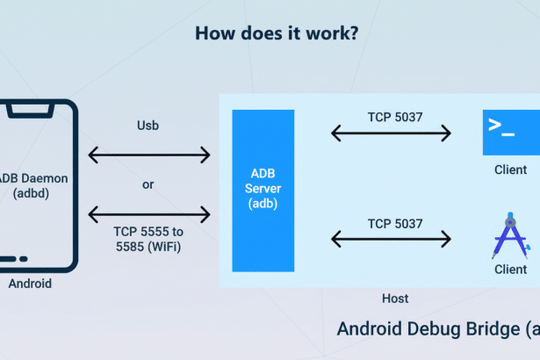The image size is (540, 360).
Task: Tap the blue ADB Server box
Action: (263, 191)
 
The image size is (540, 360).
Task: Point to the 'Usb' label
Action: (148, 126)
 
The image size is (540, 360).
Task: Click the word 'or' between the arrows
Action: (148, 184)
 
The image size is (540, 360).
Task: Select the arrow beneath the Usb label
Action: (149, 155)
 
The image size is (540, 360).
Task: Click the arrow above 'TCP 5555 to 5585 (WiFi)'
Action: (149, 213)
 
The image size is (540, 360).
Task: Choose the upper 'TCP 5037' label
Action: (391, 115)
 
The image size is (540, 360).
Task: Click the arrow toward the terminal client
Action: (391, 133)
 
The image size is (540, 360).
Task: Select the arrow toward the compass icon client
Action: (391, 238)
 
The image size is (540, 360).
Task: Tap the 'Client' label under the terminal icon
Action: (510, 169)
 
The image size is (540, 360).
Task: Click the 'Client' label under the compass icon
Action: (510, 270)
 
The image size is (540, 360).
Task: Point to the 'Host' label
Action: (395, 299)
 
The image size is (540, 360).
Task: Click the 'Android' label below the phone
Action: (30, 284)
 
